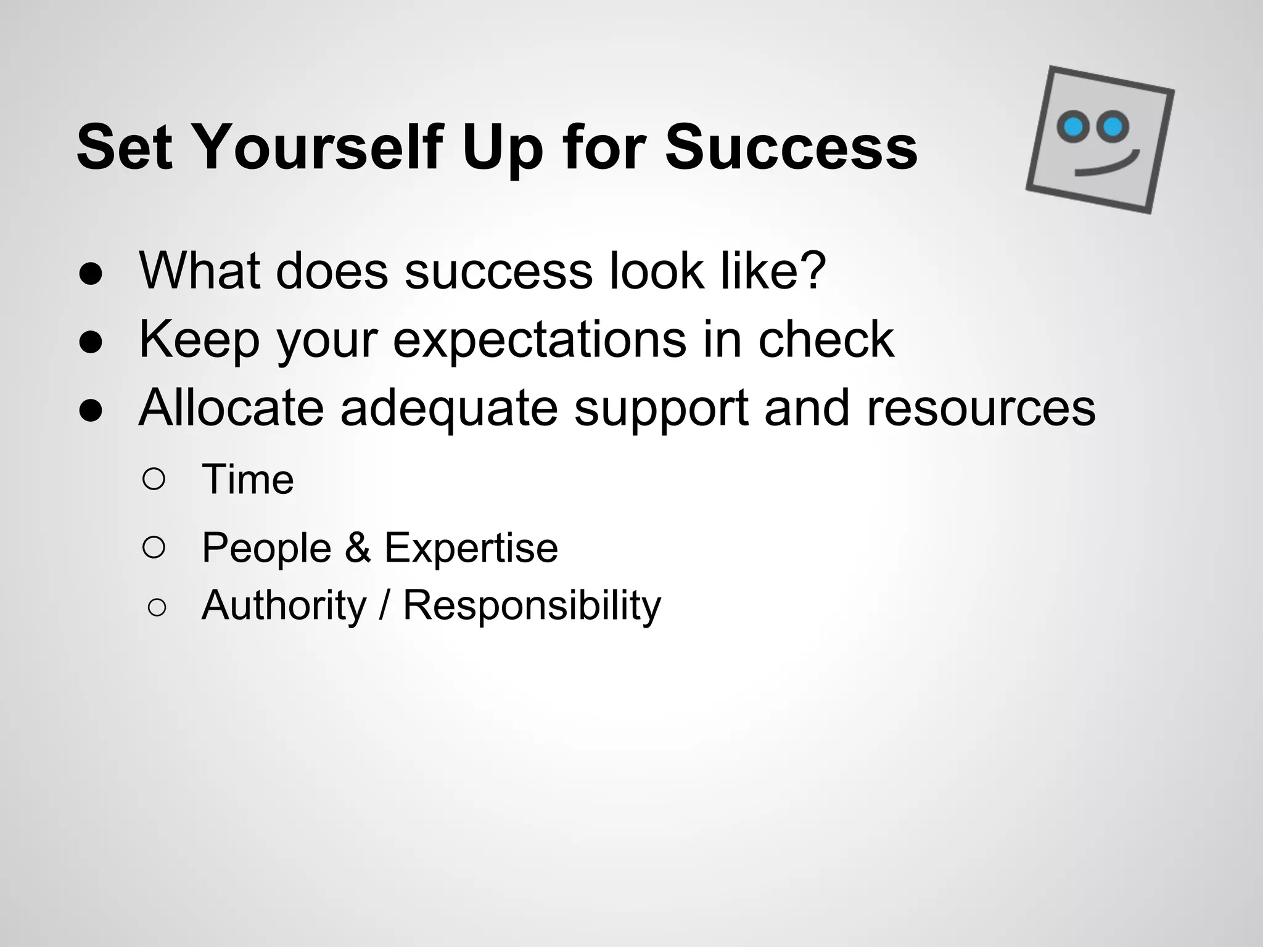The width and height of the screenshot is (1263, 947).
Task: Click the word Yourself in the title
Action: pos(318,148)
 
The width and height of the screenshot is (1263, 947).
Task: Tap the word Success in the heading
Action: pos(791,148)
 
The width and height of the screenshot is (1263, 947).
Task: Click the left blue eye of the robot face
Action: pos(1074,126)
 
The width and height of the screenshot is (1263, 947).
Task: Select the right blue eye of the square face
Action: pos(1113,127)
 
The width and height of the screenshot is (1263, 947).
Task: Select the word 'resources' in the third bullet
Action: pos(981,408)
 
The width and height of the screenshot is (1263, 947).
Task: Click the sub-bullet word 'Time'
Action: pos(248,479)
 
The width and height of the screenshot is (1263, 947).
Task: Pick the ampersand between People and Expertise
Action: pos(358,547)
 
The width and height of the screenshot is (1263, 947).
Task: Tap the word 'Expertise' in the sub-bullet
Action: pos(471,547)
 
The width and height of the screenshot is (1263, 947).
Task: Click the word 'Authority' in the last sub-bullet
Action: pos(284,605)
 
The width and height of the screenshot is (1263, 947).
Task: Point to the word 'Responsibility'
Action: pos(532,605)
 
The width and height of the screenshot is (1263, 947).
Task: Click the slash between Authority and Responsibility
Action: pos(384,605)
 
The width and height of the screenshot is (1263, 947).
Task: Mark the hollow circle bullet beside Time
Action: pos(154,479)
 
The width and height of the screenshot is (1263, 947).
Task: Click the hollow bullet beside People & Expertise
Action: pos(154,547)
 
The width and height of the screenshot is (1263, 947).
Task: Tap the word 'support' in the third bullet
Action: pos(661,408)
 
